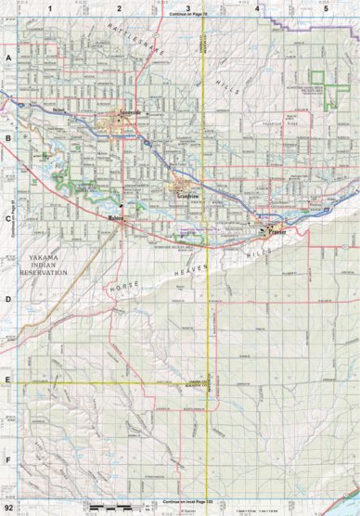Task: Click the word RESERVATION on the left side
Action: point(45,274)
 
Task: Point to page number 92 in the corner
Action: point(9,509)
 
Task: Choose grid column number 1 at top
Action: point(49,7)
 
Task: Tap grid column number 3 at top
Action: point(188,7)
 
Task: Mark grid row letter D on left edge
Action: point(8,299)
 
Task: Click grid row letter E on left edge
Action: point(8,380)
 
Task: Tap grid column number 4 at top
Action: point(257,7)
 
